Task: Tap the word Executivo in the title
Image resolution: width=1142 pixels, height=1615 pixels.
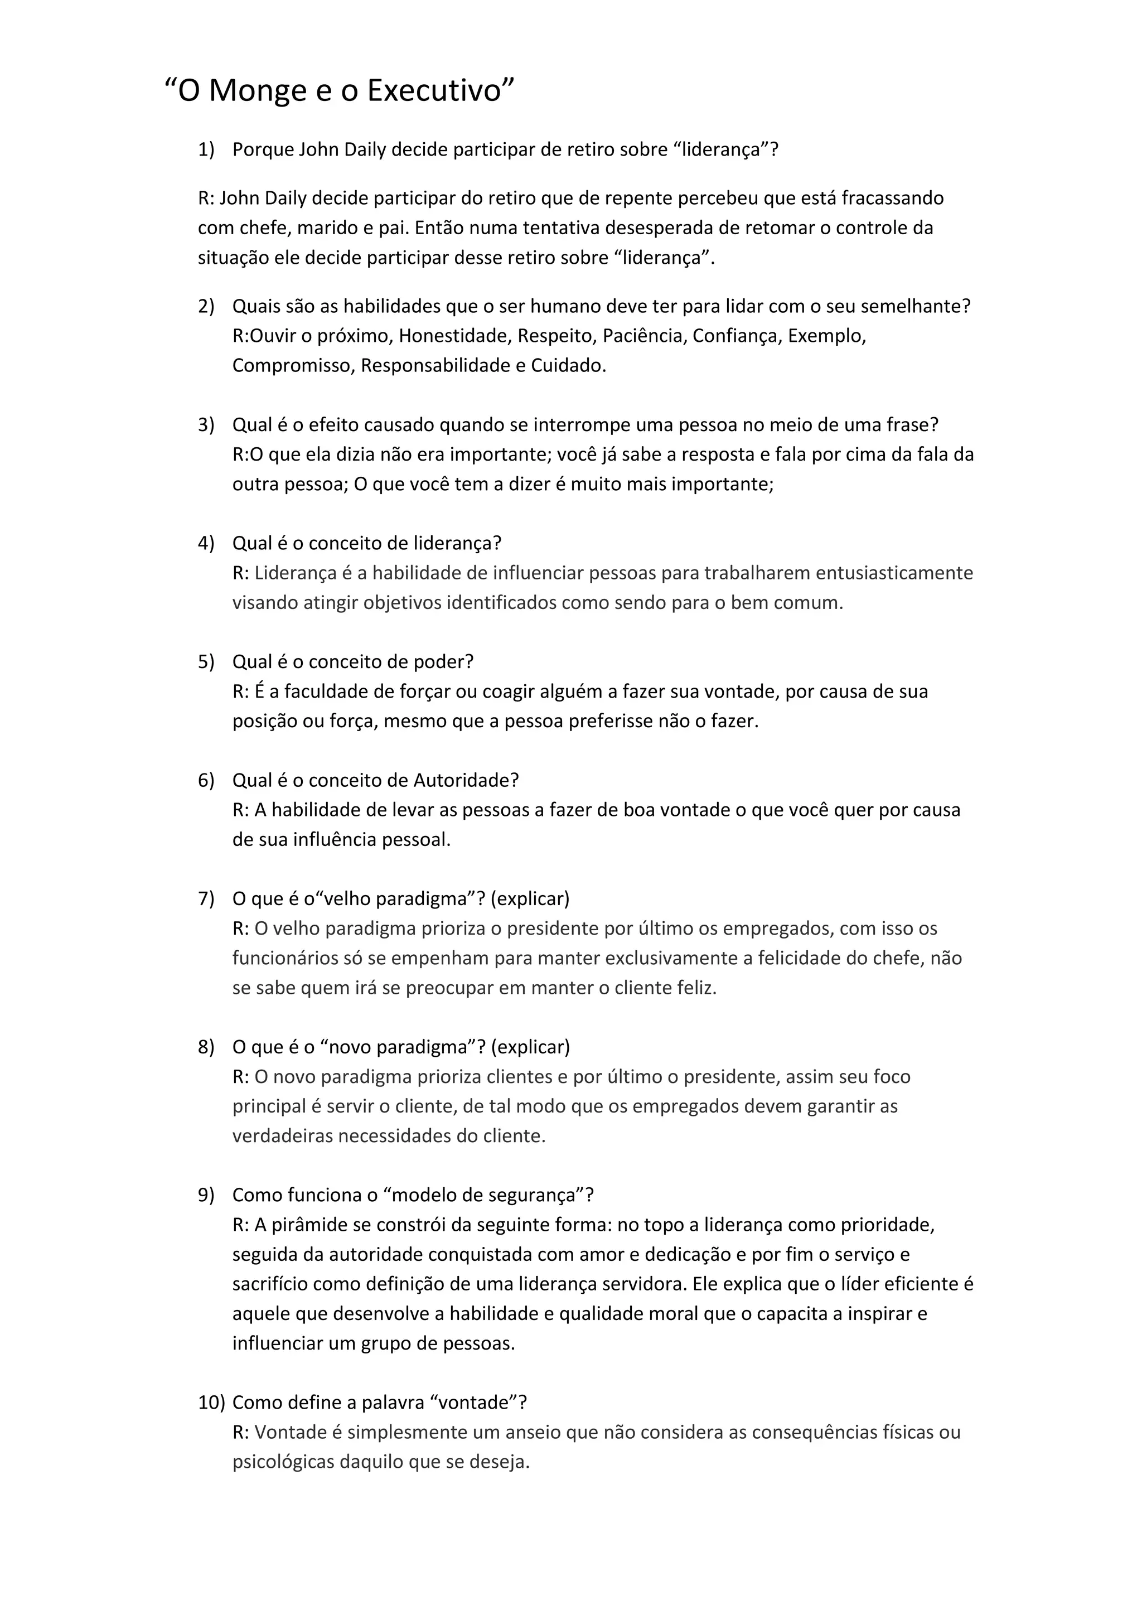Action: [433, 91]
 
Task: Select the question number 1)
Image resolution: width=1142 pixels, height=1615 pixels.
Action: [205, 150]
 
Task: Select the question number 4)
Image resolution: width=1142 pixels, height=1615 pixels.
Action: [205, 543]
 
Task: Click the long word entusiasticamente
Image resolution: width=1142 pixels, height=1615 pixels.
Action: [894, 573]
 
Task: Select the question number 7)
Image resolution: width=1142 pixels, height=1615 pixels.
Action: [205, 898]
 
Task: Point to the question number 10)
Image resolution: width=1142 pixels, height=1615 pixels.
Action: [211, 1403]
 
